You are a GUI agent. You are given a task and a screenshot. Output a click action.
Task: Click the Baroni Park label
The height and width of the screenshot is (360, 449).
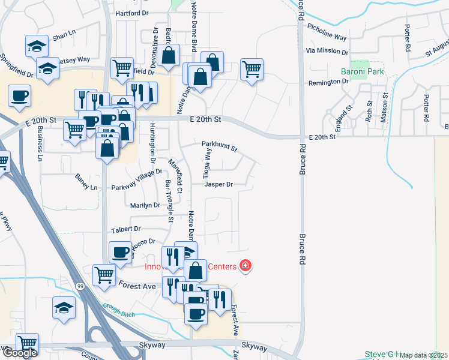[x=362, y=72]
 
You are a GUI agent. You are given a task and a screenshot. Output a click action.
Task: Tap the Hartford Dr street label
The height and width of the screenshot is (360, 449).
[x=132, y=13]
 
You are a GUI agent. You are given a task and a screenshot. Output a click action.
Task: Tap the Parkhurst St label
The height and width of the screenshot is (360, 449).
[x=220, y=145]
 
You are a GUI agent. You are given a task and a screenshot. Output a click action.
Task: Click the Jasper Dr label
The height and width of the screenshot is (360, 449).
[x=218, y=185]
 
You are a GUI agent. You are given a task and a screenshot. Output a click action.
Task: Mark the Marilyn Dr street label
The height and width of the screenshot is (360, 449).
[x=145, y=205]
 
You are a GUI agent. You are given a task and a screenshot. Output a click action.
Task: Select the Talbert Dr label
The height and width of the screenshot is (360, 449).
[x=125, y=229]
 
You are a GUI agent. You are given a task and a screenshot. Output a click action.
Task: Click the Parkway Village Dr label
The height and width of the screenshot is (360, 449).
[x=137, y=179]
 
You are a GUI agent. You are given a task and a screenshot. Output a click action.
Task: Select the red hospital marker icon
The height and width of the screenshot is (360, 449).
[x=245, y=265]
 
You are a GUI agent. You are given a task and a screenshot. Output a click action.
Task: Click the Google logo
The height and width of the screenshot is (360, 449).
[x=19, y=353]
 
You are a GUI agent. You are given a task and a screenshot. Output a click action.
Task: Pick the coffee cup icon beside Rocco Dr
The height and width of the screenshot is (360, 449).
[x=120, y=251]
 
